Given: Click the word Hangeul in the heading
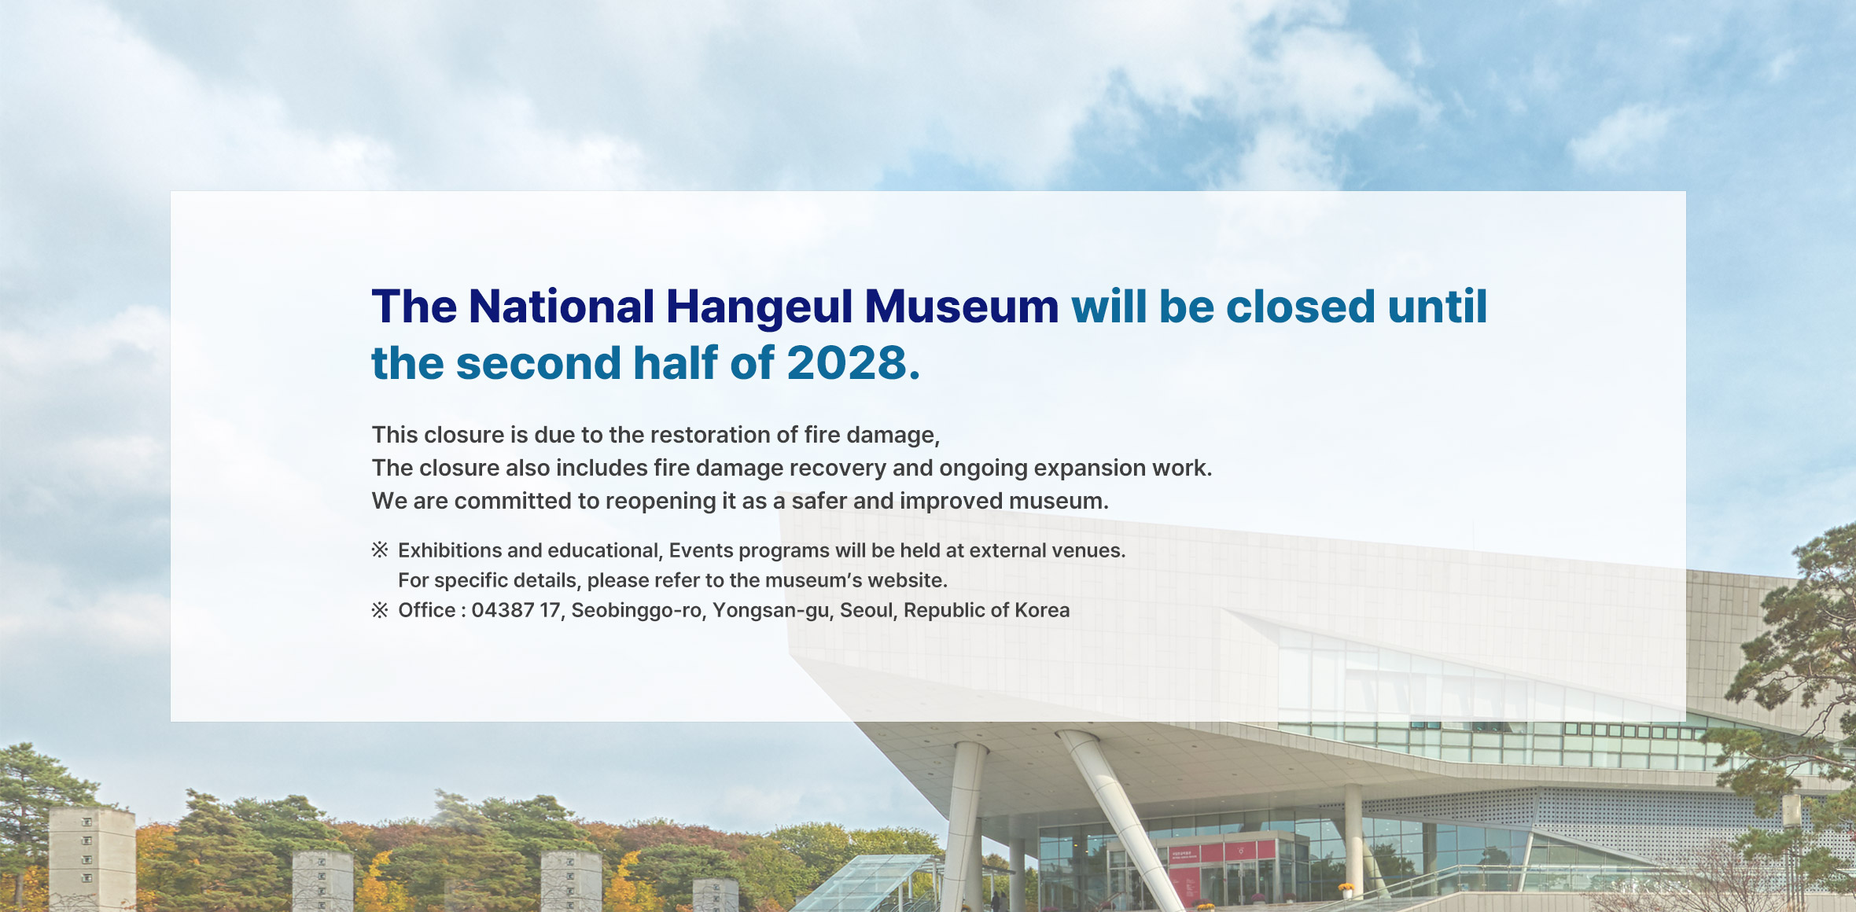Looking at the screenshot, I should pyautogui.click(x=759, y=307).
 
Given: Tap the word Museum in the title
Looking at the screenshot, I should pyautogui.click(x=961, y=307).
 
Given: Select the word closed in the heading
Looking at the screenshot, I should pyautogui.click(x=1300, y=307).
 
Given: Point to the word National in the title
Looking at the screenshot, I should pyautogui.click(x=561, y=307).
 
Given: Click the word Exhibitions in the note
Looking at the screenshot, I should pyautogui.click(x=449, y=550).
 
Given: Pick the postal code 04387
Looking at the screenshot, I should pyautogui.click(x=503, y=610).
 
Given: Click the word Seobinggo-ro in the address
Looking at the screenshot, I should pyautogui.click(x=636, y=610).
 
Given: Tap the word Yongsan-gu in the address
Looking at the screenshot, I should pyautogui.click(x=771, y=610).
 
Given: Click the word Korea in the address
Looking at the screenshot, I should pyautogui.click(x=1042, y=610).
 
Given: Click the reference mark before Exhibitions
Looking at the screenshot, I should pyautogui.click(x=380, y=550).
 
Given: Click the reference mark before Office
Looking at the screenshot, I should pyautogui.click(x=380, y=610).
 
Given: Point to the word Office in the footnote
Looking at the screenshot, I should pyautogui.click(x=426, y=610).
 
